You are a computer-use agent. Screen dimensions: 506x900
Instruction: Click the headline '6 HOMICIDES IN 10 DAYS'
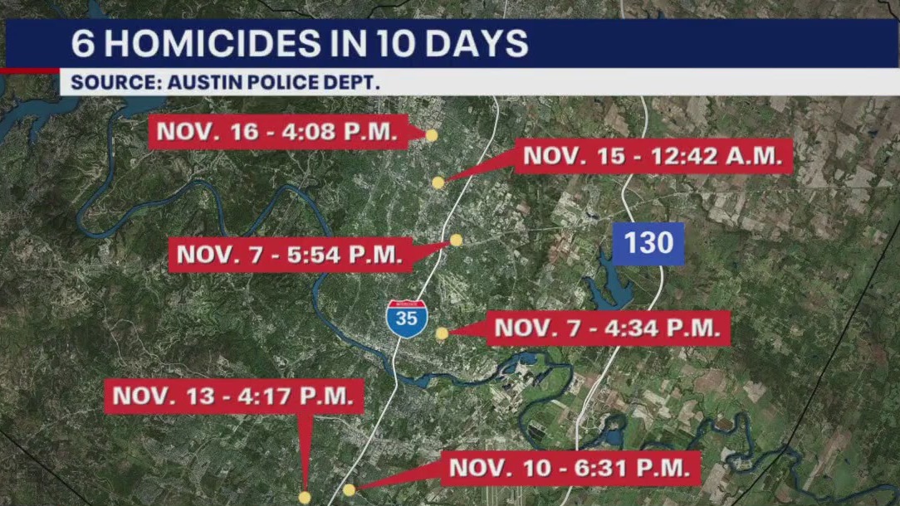point(299,44)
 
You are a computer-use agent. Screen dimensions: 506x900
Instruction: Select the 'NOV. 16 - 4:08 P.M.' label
point(278,132)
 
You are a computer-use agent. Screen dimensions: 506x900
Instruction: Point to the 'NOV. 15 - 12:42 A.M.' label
point(653,156)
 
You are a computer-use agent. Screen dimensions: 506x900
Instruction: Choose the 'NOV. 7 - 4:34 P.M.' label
point(607,328)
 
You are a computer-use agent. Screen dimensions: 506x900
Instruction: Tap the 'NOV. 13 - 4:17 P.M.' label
point(234,396)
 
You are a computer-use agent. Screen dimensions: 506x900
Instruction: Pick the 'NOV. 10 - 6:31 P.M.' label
point(570,468)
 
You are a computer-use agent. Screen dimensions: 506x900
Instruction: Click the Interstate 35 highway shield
point(407,319)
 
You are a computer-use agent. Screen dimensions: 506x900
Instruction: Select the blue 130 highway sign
point(648,244)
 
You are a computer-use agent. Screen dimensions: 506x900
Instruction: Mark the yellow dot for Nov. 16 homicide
point(431,134)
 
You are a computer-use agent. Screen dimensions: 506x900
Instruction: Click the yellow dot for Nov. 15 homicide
point(438,182)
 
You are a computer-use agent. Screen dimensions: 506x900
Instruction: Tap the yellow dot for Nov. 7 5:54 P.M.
point(456,240)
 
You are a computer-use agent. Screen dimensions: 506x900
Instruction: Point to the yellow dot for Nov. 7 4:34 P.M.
point(442,333)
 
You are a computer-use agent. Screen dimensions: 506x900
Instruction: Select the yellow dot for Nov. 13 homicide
point(305,497)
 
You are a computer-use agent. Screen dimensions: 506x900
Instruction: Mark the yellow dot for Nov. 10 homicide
point(349,489)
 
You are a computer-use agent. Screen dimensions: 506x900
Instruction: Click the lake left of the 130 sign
point(613,286)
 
